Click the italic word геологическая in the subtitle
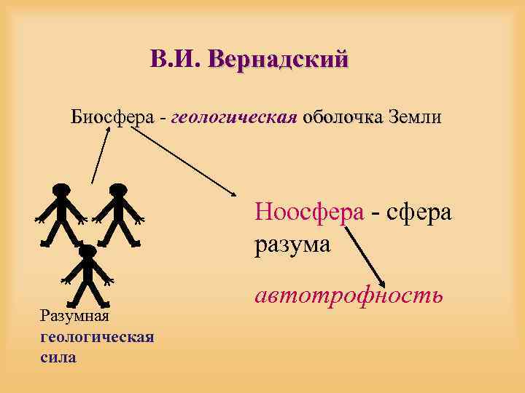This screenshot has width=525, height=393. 233,117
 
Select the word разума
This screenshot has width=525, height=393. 292,243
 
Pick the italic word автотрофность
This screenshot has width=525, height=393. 349,294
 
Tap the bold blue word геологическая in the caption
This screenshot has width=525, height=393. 97,337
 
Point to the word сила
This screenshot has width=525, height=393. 59,357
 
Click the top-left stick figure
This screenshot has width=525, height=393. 62,215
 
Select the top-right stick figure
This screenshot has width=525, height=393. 119,215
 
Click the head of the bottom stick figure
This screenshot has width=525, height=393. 87,251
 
